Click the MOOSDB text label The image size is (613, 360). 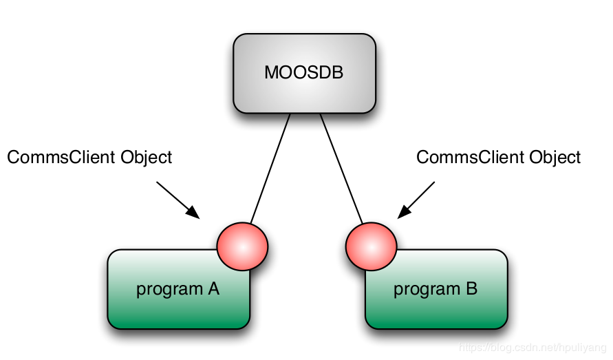tap(303, 72)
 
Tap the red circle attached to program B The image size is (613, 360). tap(371, 246)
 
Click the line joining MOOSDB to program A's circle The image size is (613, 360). tap(270, 169)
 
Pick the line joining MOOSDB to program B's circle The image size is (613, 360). tap(341, 169)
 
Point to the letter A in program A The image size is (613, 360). tap(213, 288)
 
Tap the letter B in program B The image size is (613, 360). tap(471, 288)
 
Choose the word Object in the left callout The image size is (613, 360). tap(147, 158)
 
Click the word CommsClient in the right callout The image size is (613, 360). tap(471, 158)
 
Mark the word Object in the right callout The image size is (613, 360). tap(555, 158)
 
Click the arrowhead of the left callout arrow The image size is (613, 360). tap(195, 214)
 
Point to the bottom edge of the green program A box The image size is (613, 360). tap(179, 328)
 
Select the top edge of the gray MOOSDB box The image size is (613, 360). tap(304, 34)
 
